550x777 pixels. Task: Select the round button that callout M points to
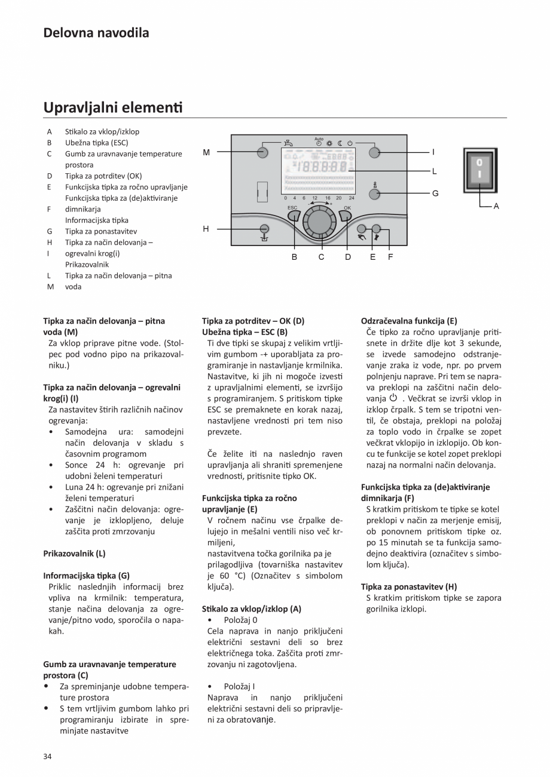(x=262, y=152)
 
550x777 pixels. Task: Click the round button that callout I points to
(x=374, y=152)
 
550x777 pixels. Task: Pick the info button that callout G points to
(x=375, y=194)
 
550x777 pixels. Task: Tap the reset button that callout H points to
(x=264, y=228)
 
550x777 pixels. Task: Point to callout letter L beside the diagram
(x=435, y=171)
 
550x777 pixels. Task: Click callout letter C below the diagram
(x=321, y=257)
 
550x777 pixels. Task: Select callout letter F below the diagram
(x=390, y=257)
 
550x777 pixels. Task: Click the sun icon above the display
(x=329, y=143)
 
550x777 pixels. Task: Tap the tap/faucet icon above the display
(x=288, y=143)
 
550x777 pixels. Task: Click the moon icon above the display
(x=339, y=143)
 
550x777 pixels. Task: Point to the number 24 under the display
(x=351, y=198)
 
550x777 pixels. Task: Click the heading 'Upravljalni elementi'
(x=112, y=108)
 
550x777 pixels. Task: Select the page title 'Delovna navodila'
(x=96, y=33)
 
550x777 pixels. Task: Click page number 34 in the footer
(x=47, y=757)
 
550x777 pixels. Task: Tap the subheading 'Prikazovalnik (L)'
(x=74, y=553)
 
